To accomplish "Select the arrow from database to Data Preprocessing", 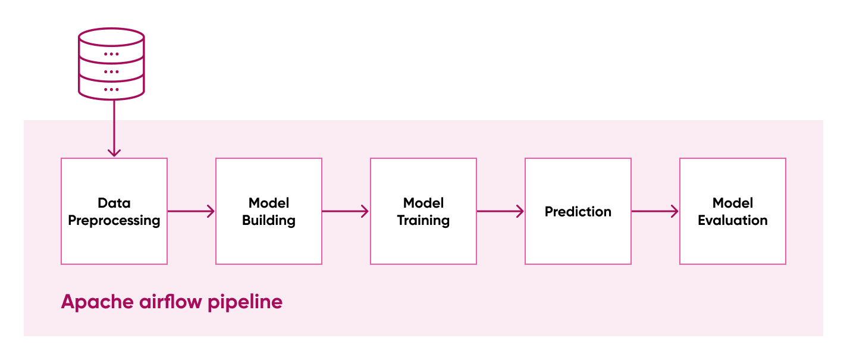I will (x=114, y=128).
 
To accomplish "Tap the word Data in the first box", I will (x=114, y=203).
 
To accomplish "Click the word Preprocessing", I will (x=114, y=221).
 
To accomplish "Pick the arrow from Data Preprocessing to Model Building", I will (x=191, y=211).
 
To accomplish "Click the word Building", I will (x=269, y=221).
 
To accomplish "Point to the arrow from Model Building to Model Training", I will (x=346, y=211).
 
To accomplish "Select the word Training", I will (x=424, y=221).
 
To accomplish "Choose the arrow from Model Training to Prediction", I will (x=500, y=211).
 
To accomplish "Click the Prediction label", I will (x=578, y=212).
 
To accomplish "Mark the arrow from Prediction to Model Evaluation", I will (x=655, y=211).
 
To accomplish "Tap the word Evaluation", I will (x=733, y=221).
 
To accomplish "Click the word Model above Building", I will (x=269, y=203).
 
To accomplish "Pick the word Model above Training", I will (x=424, y=203).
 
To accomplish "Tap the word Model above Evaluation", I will (x=733, y=203).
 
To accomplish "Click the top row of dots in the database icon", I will (x=111, y=54).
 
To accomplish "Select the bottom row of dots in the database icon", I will (x=111, y=89).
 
